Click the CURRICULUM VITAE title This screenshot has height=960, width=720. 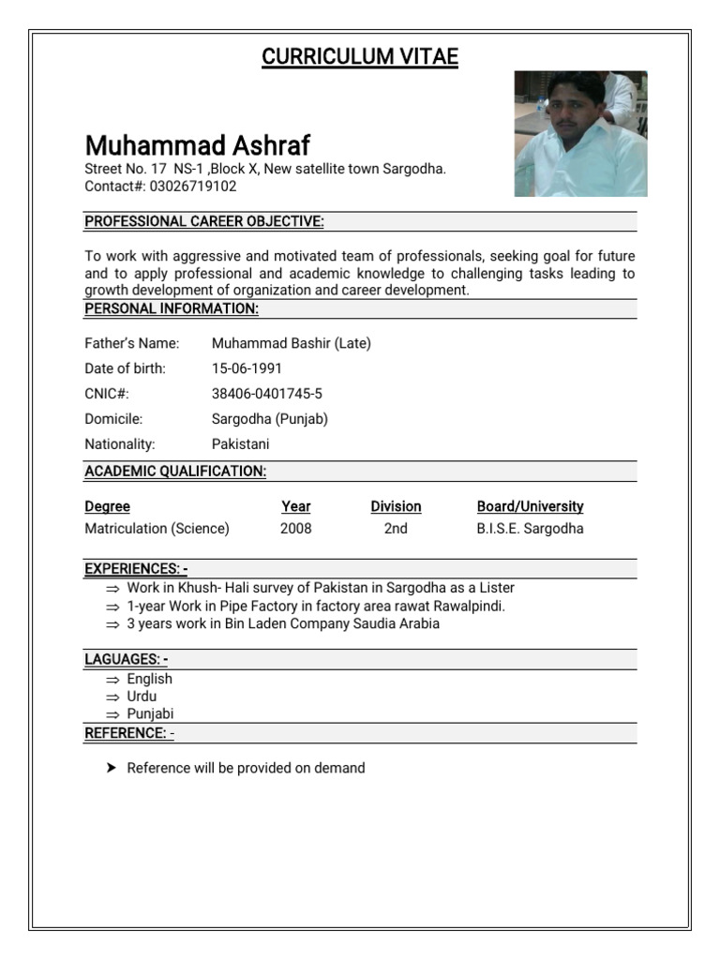tap(360, 57)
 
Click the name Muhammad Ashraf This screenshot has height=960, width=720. tap(197, 145)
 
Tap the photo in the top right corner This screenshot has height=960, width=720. tap(580, 133)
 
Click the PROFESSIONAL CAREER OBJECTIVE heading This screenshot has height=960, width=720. tap(204, 222)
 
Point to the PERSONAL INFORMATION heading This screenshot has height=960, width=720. tap(172, 308)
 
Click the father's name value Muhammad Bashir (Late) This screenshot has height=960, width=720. tap(291, 343)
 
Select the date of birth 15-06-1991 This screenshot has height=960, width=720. tap(247, 368)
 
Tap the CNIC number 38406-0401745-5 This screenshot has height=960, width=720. tap(267, 394)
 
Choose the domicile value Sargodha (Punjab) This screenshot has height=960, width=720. tap(269, 419)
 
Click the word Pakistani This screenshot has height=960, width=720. tap(240, 444)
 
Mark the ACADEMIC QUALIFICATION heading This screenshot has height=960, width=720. tap(175, 472)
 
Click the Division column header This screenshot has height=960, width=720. tap(396, 506)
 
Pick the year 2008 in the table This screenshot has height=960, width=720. tap(295, 529)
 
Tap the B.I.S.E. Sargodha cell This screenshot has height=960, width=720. tap(530, 529)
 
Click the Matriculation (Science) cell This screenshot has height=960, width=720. tap(157, 529)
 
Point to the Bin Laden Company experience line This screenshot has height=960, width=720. tap(283, 623)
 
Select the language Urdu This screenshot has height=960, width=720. tap(142, 697)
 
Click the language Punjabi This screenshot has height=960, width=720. tap(150, 713)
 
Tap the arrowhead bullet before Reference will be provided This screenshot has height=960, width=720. tap(111, 768)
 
